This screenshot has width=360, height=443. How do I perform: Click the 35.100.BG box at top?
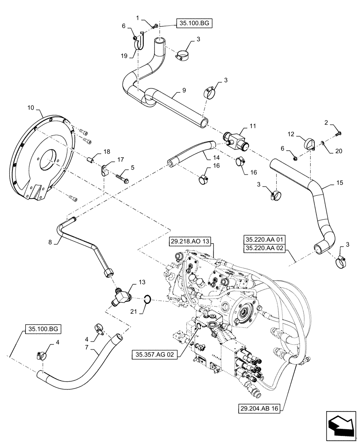194,23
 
